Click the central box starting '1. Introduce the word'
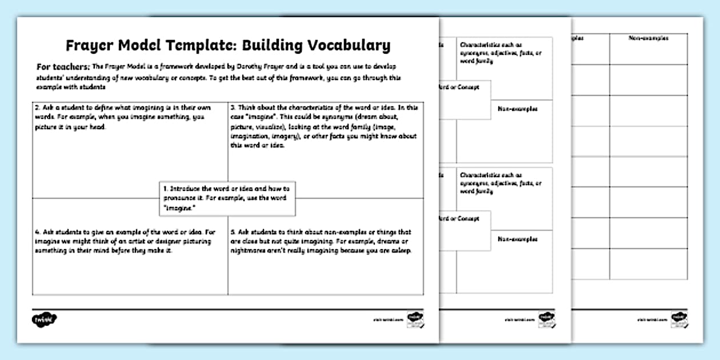pyautogui.click(x=227, y=198)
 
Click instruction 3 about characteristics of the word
pyautogui.click(x=323, y=126)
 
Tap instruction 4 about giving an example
pyautogui.click(x=122, y=241)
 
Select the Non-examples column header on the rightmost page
pyautogui.click(x=649, y=38)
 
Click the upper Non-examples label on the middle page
pyautogui.click(x=517, y=109)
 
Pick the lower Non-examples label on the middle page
pyautogui.click(x=517, y=239)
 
